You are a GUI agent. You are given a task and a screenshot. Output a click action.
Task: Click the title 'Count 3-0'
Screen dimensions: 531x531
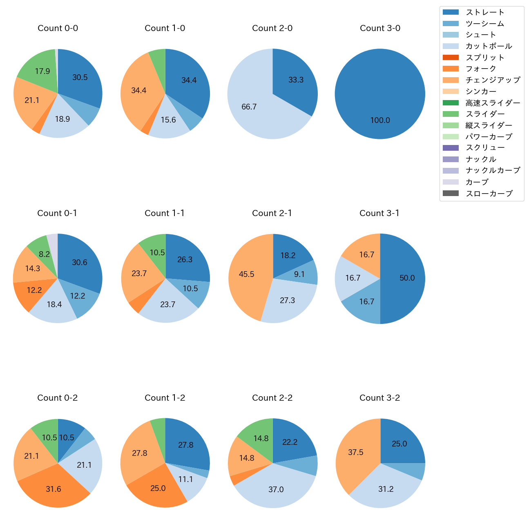coord(380,28)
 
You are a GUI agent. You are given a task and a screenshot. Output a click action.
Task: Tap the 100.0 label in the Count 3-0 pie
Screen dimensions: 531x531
coord(380,120)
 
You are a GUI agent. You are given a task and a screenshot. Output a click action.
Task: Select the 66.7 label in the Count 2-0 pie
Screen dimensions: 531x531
coord(249,107)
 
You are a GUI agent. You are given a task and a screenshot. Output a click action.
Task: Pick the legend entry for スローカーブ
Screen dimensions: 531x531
coord(489,194)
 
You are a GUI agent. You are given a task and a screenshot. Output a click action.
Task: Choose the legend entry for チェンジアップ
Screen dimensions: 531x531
coord(493,80)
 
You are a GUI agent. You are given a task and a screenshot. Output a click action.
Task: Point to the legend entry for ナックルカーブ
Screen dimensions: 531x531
coord(493,171)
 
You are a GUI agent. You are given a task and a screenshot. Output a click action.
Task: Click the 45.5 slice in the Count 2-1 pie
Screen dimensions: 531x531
coord(247,274)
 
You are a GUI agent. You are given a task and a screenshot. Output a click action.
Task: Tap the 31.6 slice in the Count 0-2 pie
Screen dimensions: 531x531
coord(54,489)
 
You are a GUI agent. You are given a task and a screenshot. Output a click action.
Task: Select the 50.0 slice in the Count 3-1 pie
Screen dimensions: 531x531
coord(407,278)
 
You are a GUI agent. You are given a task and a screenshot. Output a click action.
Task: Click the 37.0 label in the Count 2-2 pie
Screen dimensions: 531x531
coord(276,489)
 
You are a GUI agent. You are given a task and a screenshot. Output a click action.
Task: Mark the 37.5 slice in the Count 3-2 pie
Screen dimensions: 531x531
coord(356,453)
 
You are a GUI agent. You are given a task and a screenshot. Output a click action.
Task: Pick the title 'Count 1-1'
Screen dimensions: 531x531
coord(165,213)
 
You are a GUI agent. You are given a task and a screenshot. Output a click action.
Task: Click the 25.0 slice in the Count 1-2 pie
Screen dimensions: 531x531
coord(158,489)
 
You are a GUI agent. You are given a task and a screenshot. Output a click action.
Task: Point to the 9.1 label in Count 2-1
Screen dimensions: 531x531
coord(299,274)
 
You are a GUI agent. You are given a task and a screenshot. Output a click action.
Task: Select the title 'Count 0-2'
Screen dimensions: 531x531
coord(58,398)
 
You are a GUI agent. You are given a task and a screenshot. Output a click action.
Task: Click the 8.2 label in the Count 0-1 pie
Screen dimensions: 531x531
coord(44,254)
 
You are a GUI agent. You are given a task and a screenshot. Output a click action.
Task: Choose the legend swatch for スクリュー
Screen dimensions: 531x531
coord(451,148)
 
